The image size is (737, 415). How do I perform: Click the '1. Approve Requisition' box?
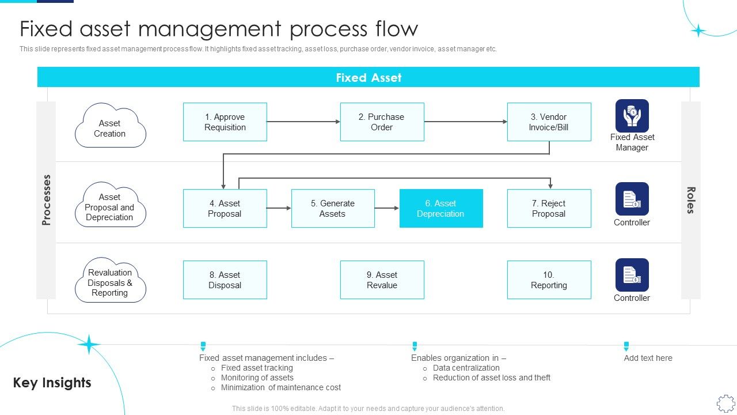(225, 122)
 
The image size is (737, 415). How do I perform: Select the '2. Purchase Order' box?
(382, 122)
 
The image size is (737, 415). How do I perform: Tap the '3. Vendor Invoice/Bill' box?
(549, 122)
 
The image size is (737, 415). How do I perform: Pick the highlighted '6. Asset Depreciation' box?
(441, 209)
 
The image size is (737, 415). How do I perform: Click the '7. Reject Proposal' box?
(549, 209)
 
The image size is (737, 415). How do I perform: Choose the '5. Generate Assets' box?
(333, 209)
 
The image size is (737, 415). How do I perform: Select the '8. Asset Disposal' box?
(225, 280)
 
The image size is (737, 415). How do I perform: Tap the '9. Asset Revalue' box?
(382, 280)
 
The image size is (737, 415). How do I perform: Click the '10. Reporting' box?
(549, 280)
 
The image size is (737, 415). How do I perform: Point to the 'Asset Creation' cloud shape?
(110, 126)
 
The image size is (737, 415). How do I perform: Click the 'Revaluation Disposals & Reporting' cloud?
(110, 282)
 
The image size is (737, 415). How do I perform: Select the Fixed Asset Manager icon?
(632, 116)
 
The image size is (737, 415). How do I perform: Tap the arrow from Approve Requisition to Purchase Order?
(303, 122)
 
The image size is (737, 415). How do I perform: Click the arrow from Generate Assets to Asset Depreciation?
(387, 208)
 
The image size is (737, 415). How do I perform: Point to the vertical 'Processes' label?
(47, 199)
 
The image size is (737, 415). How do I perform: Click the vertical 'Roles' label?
(691, 200)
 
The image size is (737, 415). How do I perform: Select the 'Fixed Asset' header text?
(368, 78)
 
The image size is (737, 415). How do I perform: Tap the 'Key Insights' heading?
(52, 383)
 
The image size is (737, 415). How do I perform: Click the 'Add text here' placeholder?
(648, 358)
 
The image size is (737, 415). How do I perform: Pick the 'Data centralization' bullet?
(466, 368)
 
